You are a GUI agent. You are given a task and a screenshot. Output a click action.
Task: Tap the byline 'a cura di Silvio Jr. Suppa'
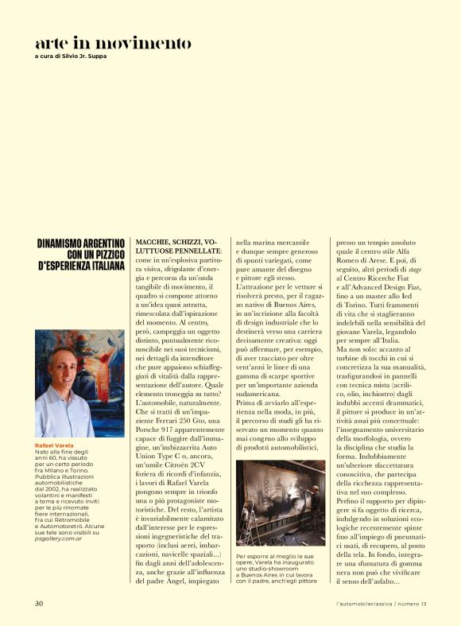(x=72, y=56)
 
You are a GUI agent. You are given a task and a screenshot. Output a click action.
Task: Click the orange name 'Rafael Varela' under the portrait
(x=53, y=445)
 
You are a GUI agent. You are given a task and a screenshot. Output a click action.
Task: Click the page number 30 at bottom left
(x=39, y=603)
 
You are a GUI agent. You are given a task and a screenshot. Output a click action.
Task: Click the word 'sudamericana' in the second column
(x=267, y=395)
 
